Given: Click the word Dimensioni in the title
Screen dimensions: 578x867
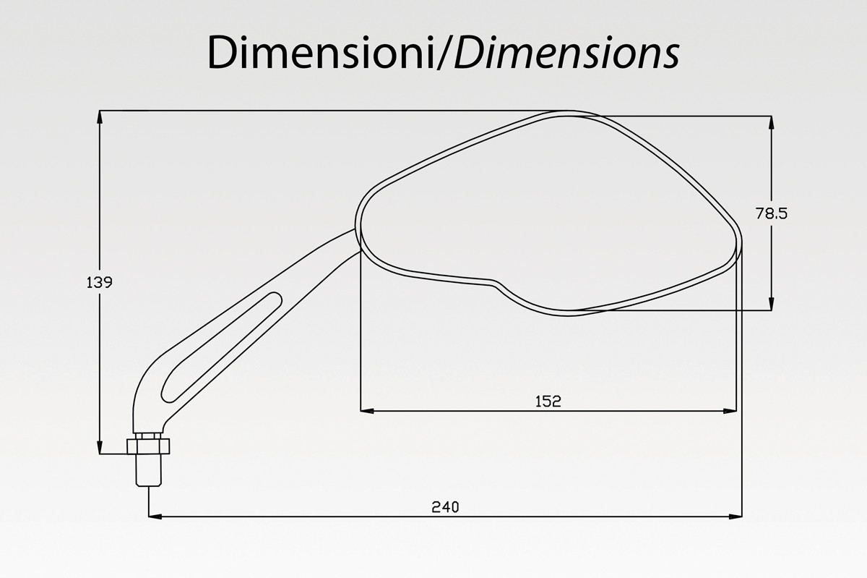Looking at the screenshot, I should [319, 52].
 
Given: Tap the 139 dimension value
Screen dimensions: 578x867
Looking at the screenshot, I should [99, 283].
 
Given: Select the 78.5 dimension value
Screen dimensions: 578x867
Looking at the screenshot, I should [772, 214].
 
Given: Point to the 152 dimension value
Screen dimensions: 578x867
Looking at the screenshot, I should [548, 401].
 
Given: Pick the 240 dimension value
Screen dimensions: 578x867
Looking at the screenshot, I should [445, 507].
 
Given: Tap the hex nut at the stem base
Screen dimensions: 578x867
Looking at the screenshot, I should [148, 446].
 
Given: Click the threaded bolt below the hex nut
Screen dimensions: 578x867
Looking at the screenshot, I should [149, 469].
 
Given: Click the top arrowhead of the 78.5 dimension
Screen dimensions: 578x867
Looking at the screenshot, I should [772, 123].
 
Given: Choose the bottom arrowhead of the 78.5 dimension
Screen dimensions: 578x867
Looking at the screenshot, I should [772, 303].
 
